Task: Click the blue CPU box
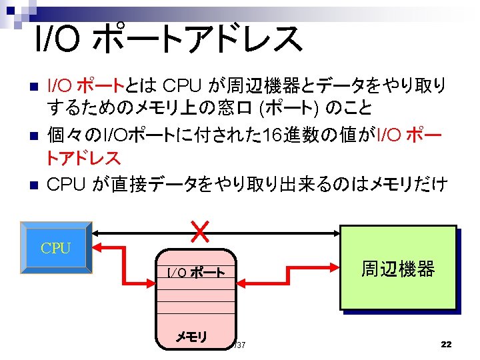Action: coord(56,247)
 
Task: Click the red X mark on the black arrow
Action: coord(200,232)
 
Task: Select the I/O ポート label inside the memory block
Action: coord(196,272)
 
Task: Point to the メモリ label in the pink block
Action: coord(191,337)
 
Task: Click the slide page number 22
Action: coord(446,344)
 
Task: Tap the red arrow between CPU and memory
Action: coord(124,265)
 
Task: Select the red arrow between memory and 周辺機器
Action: coord(288,275)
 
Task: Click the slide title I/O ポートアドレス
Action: coord(169,39)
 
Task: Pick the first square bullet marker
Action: coord(34,86)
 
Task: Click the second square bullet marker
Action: coord(34,135)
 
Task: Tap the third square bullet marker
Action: coord(34,185)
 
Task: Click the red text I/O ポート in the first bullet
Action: coord(86,85)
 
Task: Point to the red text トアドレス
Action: coord(83,158)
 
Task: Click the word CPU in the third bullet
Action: coord(66,185)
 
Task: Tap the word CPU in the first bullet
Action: coord(182,85)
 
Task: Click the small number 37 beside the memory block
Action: coord(240,345)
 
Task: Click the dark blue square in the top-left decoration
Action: coord(11,11)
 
